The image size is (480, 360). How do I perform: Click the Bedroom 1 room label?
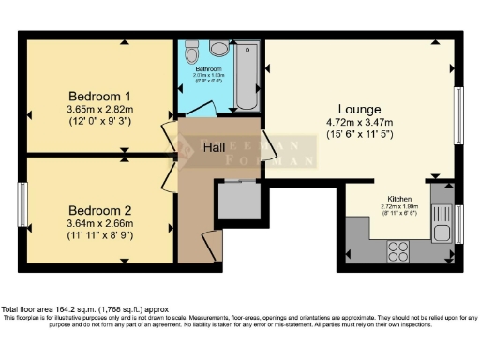tap(99, 96)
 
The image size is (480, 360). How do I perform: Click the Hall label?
tap(215, 147)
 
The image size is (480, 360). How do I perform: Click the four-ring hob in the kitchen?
tap(397, 250)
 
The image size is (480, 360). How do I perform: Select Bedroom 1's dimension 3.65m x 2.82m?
tap(99, 110)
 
